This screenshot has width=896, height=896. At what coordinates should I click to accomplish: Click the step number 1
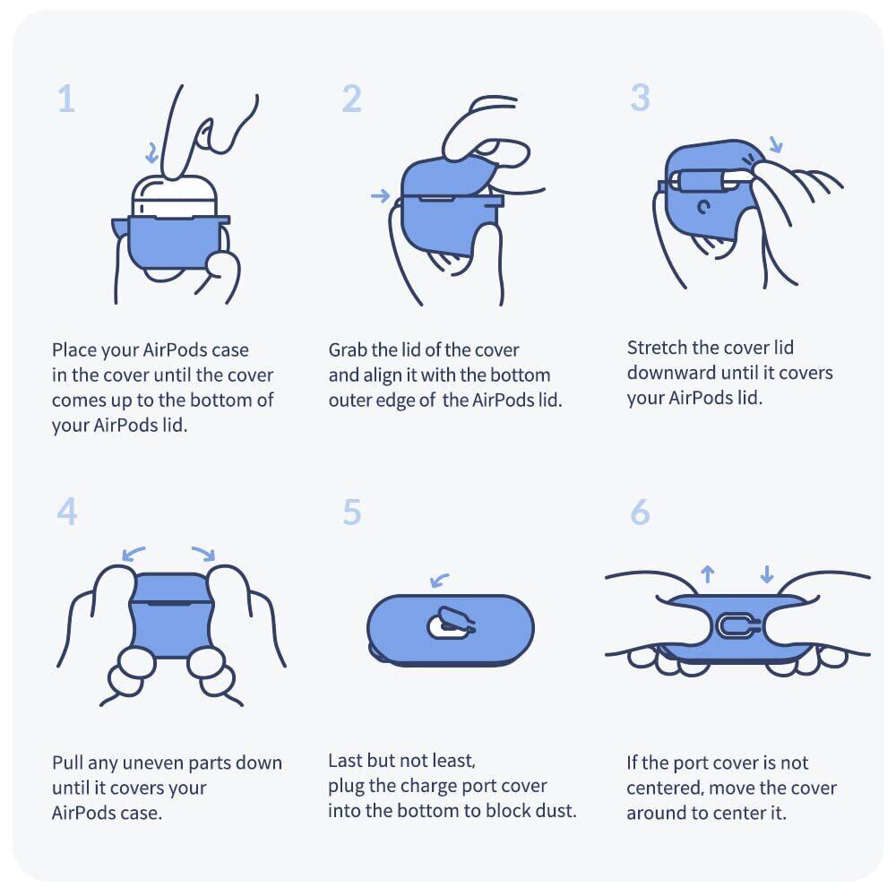pos(67,99)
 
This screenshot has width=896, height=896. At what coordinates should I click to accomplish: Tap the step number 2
pos(352,99)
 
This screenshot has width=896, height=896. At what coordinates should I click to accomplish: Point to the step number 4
pos(67,511)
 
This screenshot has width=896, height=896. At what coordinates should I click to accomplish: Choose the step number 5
pos(352,512)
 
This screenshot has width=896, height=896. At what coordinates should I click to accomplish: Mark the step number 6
pos(640,512)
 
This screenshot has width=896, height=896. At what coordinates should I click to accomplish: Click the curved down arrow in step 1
pos(152,153)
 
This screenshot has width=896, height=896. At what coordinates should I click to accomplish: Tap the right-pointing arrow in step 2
pos(380,196)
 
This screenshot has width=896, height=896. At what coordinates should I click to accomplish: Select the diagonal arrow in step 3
pos(775,144)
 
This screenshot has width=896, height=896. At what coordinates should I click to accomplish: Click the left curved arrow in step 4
pos(134,553)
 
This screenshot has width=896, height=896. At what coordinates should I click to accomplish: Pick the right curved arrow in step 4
pos(204,553)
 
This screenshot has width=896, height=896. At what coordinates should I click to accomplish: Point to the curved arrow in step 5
pos(439,580)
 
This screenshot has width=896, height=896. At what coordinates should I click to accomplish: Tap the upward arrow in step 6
pos(708,573)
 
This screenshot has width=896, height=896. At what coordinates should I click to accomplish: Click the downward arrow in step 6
pos(767,573)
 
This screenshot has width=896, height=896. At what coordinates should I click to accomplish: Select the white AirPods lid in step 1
pos(175,197)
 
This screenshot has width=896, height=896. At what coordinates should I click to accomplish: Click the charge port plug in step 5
pos(452,623)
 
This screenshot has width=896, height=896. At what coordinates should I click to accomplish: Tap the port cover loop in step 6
pos(719,626)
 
